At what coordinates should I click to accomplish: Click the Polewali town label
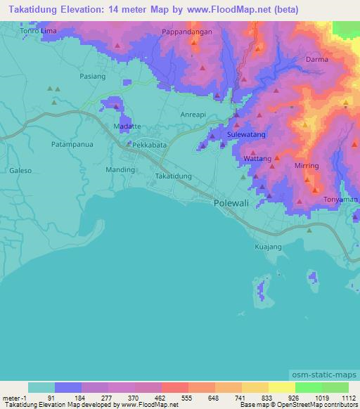232,202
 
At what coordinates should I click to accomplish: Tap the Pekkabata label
150,144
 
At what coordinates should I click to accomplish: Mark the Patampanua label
73,143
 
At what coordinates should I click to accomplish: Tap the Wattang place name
257,159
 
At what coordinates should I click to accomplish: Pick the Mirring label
307,166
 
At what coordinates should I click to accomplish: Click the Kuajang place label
267,247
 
